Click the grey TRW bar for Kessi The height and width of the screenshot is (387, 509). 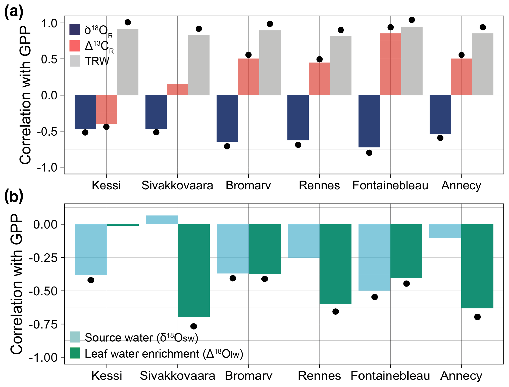click(128, 62)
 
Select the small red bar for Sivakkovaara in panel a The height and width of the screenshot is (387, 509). click(177, 89)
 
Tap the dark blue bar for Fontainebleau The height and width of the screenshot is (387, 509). click(369, 121)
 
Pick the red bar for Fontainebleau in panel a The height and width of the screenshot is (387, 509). click(390, 64)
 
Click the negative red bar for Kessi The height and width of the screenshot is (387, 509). click(107, 109)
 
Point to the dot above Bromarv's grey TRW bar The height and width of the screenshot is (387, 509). click(270, 24)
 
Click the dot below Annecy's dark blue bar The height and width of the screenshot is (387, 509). click(440, 138)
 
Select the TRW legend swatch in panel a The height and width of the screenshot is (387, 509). click(75, 61)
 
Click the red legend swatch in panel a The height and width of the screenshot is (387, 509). click(75, 46)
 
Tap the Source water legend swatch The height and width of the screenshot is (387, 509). click(75, 337)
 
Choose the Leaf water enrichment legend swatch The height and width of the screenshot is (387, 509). click(75, 353)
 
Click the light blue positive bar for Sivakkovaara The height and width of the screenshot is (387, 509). click(162, 220)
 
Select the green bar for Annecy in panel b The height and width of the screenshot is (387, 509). click(477, 266)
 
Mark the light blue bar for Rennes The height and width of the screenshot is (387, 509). click(303, 241)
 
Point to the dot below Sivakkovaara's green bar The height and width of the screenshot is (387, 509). click(194, 326)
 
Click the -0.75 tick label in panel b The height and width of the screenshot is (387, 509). click(43, 324)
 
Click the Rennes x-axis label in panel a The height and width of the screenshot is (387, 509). click(319, 186)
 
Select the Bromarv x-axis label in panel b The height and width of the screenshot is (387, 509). click(248, 376)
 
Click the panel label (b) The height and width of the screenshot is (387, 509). click(14, 196)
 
